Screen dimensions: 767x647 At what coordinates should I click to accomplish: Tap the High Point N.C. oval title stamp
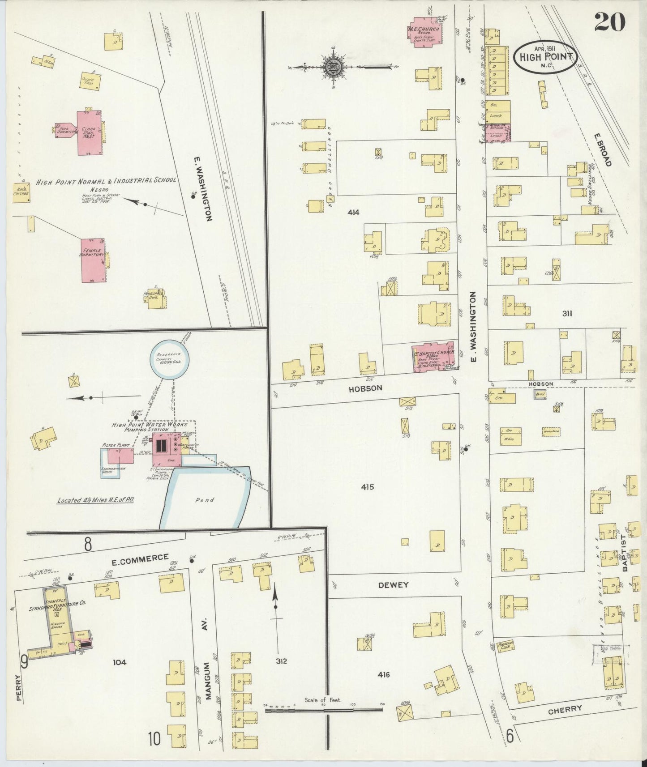point(545,57)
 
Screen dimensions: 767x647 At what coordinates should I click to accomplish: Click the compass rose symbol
point(334,68)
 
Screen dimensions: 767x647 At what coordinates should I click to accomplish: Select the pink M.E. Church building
point(424,32)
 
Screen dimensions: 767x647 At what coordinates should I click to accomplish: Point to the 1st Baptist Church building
point(433,357)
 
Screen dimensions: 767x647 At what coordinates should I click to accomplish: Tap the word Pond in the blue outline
point(205,499)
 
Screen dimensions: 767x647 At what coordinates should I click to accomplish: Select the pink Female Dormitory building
point(93,260)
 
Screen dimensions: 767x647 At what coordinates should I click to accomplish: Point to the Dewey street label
point(393,585)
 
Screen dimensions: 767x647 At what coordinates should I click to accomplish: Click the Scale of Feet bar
point(323,710)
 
